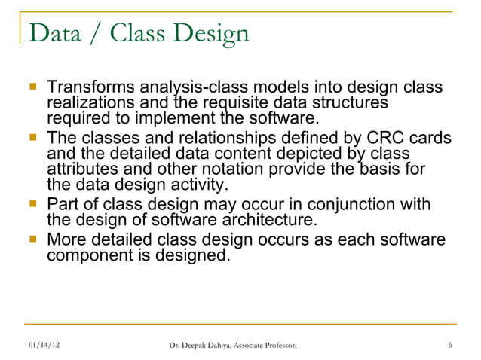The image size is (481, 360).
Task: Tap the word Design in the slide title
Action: point(208,34)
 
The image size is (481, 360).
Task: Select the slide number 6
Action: point(449,346)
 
